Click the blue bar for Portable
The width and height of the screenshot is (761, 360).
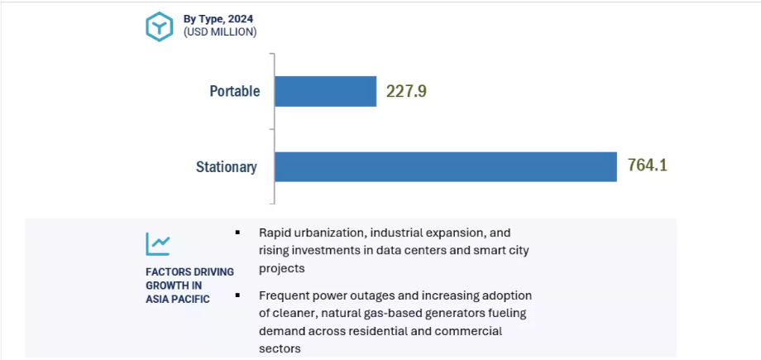pos(325,91)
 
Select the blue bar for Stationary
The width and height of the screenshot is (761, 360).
pos(445,166)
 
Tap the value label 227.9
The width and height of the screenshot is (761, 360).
pos(406,91)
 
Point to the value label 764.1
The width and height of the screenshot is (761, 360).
pos(647,166)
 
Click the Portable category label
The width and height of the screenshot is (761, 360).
pos(234,91)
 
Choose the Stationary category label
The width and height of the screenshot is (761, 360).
pos(226,166)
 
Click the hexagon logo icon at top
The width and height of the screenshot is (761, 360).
pos(159,26)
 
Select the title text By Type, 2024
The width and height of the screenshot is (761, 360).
pos(219,17)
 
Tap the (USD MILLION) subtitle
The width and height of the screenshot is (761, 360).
pos(220,32)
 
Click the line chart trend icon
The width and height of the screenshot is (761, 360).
pos(158,243)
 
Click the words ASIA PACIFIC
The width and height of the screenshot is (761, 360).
pos(177,299)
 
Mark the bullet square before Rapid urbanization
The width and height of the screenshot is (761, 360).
pos(238,233)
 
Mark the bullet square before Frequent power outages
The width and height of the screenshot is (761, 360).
pos(238,295)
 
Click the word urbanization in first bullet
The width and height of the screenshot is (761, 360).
pos(330,233)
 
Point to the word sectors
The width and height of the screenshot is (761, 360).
pos(279,348)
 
